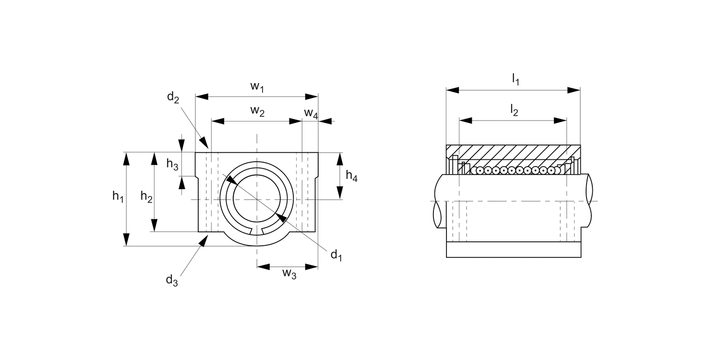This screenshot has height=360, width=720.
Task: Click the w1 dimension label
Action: tap(257, 86)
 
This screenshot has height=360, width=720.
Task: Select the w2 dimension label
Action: tap(257, 111)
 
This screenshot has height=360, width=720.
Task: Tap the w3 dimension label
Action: tap(289, 274)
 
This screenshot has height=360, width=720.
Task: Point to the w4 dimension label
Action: tap(311, 113)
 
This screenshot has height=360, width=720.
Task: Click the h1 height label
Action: tap(118, 196)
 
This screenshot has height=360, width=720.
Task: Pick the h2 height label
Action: tap(146, 196)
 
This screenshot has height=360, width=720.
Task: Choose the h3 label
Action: tap(172, 164)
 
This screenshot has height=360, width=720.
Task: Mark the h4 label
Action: tap(352, 176)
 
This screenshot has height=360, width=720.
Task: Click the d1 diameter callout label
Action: tap(336, 255)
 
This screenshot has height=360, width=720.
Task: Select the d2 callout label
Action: tap(173, 97)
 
